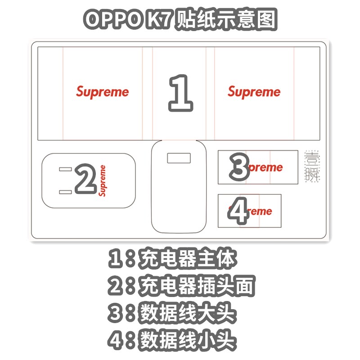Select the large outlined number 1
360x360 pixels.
(180, 94)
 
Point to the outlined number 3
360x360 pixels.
(239, 166)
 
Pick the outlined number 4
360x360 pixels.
(238, 211)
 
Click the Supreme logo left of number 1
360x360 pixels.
(102, 92)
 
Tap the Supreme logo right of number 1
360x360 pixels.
(254, 92)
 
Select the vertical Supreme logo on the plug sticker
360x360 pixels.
(103, 180)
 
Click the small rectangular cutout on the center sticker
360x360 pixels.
(179, 158)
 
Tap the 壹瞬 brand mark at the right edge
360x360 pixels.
(311, 166)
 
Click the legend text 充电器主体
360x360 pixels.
(188, 260)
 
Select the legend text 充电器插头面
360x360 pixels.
(198, 286)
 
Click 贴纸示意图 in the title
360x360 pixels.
(226, 20)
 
